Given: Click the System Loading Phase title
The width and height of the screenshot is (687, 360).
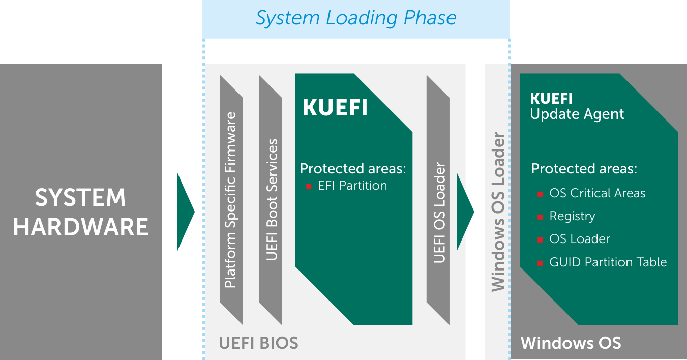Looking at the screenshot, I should pyautogui.click(x=356, y=18).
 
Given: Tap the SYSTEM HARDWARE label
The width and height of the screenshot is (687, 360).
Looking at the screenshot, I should pyautogui.click(x=81, y=212).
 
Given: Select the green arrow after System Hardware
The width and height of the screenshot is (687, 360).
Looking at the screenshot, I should pyautogui.click(x=185, y=212).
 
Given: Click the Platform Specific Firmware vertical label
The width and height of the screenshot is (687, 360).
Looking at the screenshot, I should pyautogui.click(x=231, y=200).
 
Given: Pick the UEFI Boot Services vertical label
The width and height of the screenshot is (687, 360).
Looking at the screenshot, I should pyautogui.click(x=272, y=199).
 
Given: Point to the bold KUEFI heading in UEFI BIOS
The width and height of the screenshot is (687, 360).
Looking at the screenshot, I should pyautogui.click(x=335, y=108).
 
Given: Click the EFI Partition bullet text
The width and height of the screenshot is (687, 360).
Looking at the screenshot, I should pyautogui.click(x=352, y=186).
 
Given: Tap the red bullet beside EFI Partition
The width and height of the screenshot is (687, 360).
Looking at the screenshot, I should pyautogui.click(x=308, y=187).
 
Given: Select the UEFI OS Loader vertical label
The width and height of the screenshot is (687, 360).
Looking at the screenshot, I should pyautogui.click(x=439, y=213).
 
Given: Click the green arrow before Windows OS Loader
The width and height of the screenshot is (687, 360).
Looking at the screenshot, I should pyautogui.click(x=465, y=212).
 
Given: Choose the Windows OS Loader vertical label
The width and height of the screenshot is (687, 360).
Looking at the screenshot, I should pyautogui.click(x=498, y=212).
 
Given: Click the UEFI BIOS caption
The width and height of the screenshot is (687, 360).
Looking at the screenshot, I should pyautogui.click(x=258, y=343).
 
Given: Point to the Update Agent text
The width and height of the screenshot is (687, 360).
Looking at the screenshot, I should pyautogui.click(x=577, y=114).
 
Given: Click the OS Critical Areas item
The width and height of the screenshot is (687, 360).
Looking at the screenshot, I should pyautogui.click(x=597, y=193).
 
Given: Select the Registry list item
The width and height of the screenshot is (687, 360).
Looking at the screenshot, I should pyautogui.click(x=572, y=216).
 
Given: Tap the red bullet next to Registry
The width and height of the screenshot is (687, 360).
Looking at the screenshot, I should pyautogui.click(x=540, y=217).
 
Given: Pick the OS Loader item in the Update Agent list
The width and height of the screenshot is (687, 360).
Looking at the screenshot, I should pyautogui.click(x=579, y=239).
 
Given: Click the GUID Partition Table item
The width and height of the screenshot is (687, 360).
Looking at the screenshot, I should pyautogui.click(x=608, y=262).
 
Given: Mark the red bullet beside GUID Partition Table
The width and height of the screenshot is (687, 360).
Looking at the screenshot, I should pyautogui.click(x=540, y=263).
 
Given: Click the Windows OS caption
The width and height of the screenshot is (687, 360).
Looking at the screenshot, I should pyautogui.click(x=571, y=343).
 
